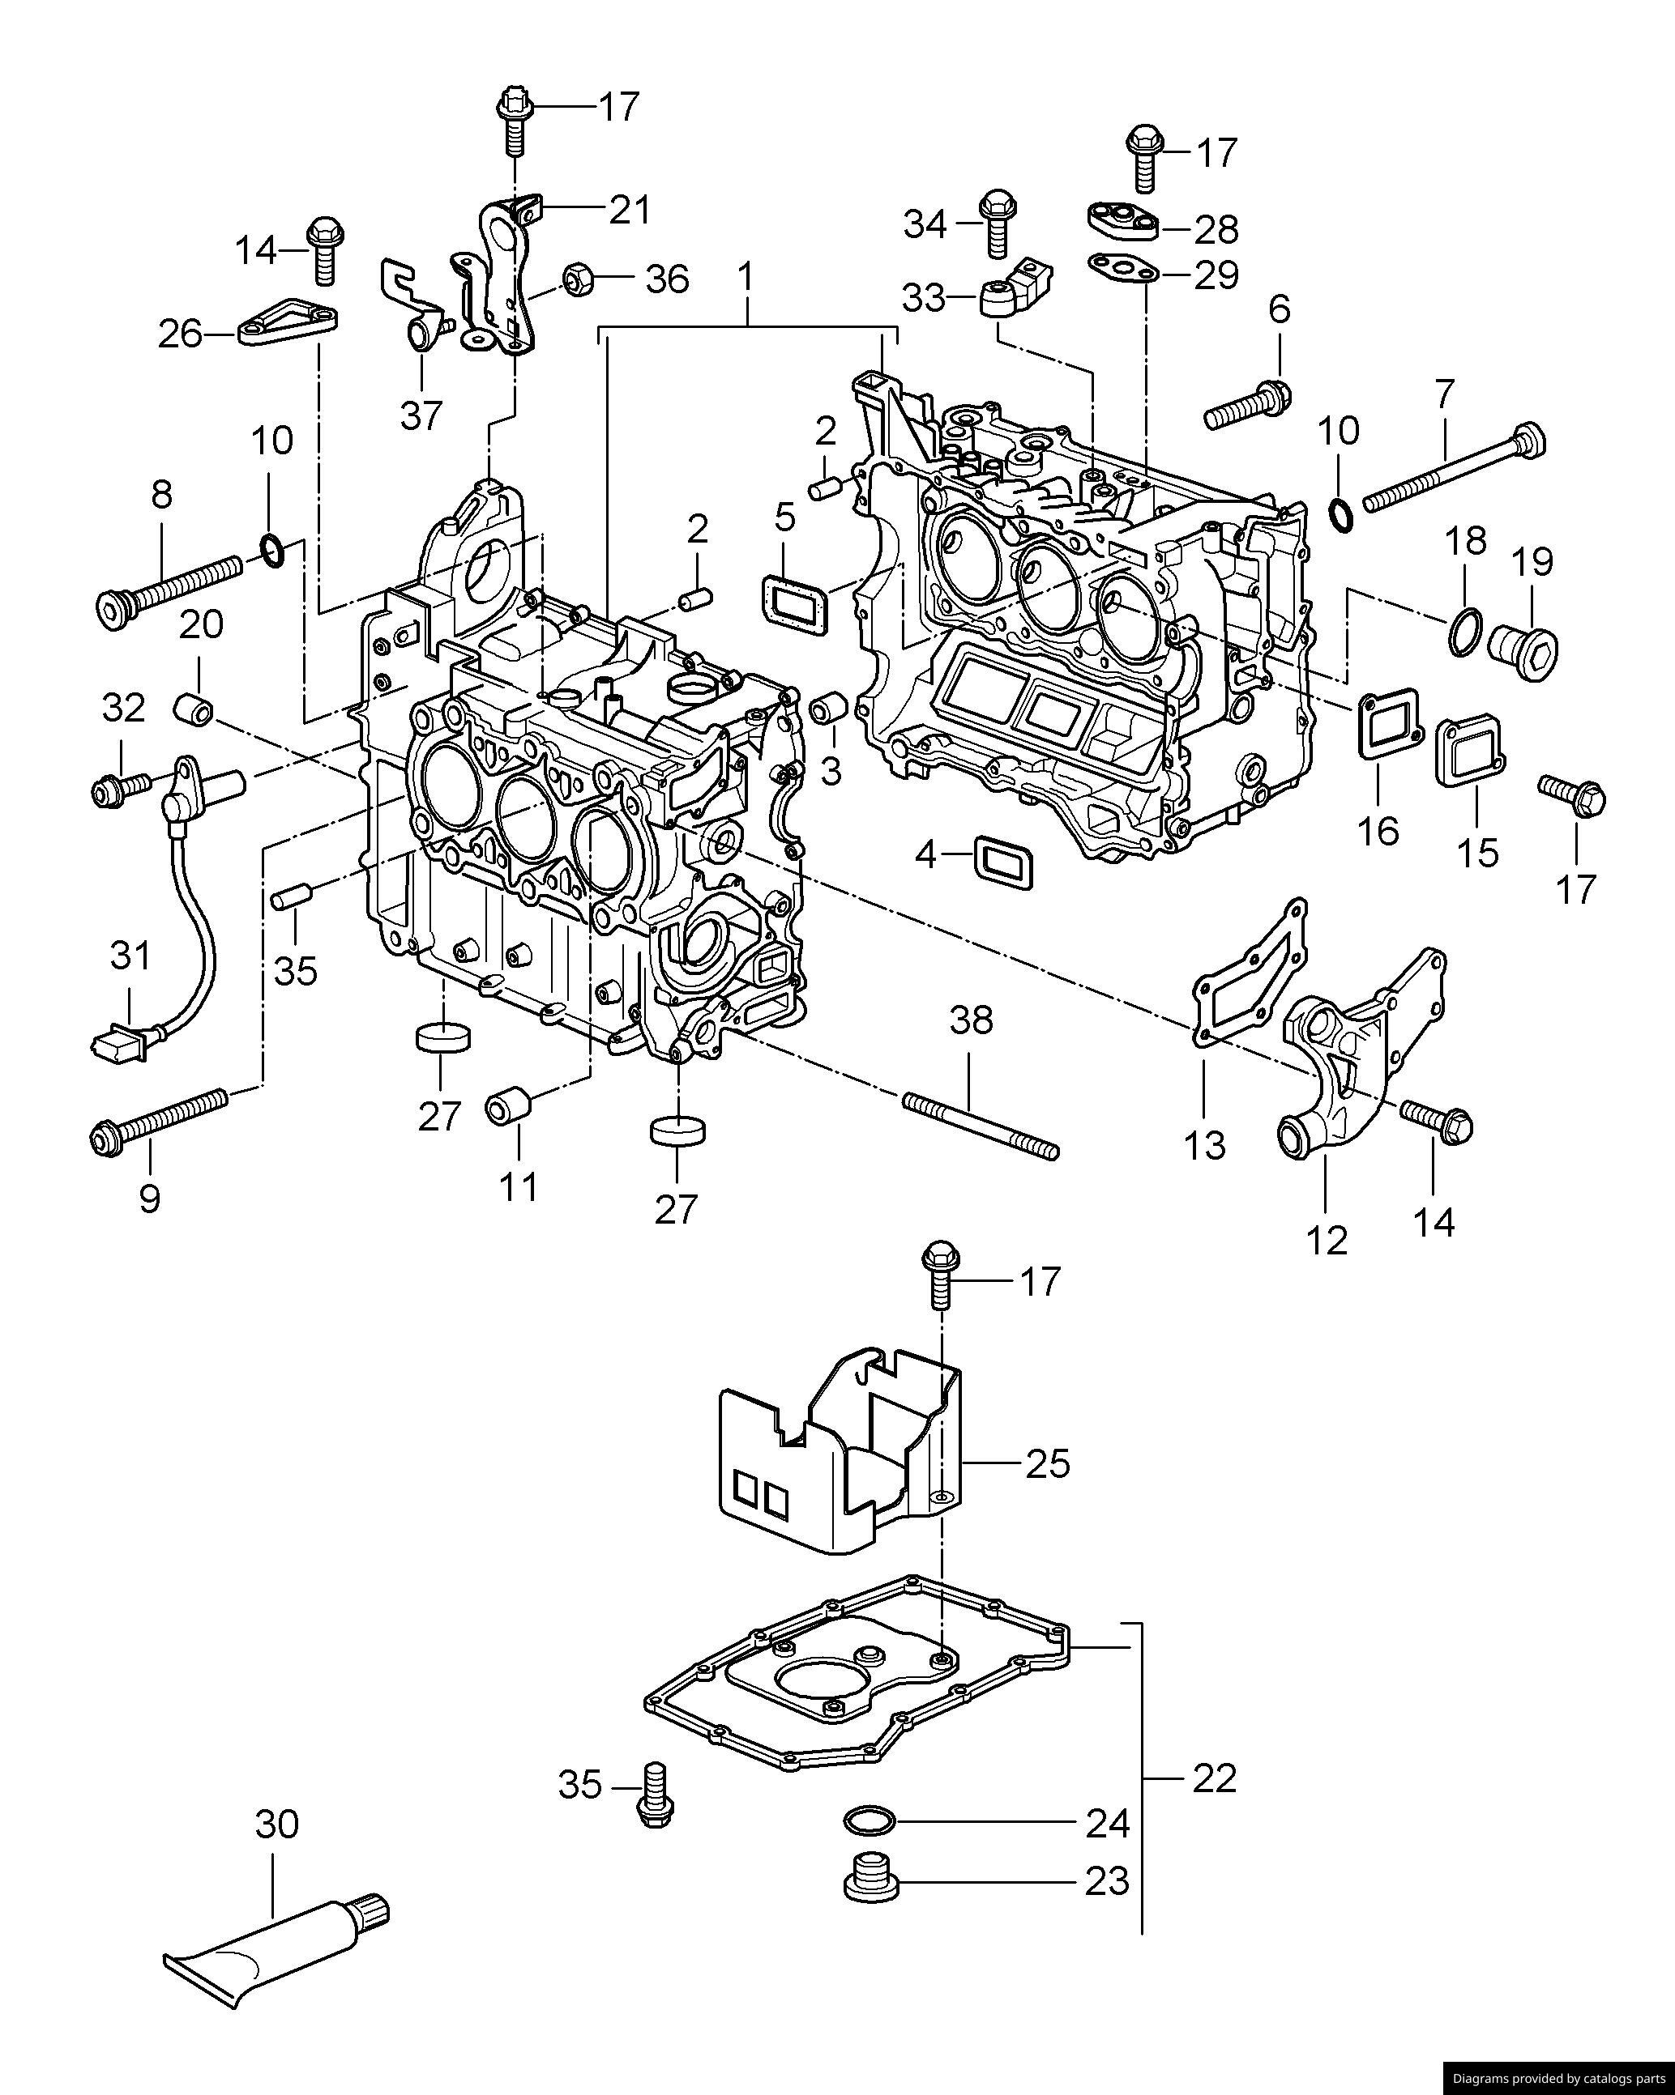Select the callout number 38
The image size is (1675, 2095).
coord(971,1020)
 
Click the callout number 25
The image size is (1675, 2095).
coord(1047,1492)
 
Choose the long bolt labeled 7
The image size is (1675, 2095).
coord(1455,471)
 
